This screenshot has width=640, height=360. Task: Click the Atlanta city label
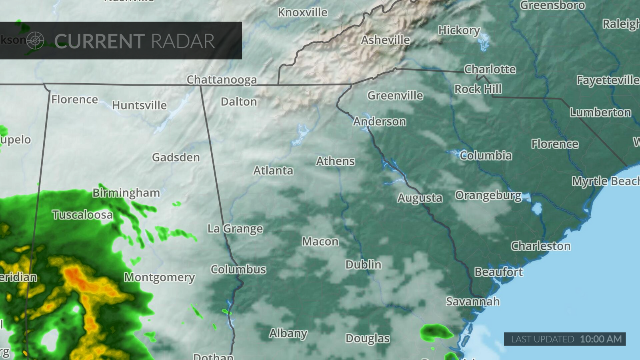[273, 171]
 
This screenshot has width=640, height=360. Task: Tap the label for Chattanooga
[222, 80]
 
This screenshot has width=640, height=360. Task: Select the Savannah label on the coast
[473, 301]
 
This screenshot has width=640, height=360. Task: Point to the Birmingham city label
[126, 193]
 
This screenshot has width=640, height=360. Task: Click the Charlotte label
[490, 69]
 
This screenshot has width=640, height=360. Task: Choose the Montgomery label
[159, 277]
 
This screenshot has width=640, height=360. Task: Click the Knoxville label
[302, 12]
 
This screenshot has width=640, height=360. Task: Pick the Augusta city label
[420, 198]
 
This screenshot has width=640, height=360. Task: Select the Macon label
[320, 242]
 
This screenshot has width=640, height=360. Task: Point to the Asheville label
[385, 40]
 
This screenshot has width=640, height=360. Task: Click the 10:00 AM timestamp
[601, 339]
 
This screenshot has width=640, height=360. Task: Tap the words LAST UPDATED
[542, 339]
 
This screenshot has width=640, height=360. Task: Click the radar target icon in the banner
[35, 40]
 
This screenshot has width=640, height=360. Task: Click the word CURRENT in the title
[99, 41]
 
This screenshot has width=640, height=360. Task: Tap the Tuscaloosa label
[82, 215]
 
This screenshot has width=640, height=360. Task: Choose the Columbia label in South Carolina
[485, 156]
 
